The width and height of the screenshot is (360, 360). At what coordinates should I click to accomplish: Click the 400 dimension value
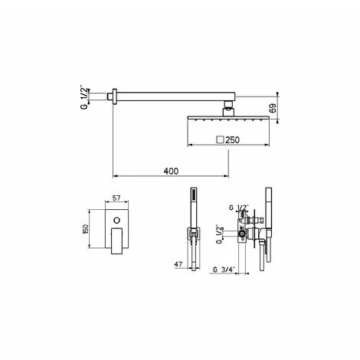[171, 171]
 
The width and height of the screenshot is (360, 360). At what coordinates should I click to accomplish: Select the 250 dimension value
[232, 140]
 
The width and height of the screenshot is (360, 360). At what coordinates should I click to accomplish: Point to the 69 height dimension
[273, 108]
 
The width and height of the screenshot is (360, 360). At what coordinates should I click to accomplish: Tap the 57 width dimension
[116, 198]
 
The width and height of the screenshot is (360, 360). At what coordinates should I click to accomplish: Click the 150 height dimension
[86, 229]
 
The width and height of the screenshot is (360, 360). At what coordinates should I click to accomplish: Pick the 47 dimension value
[178, 264]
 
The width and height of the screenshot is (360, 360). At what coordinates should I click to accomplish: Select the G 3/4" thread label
[224, 269]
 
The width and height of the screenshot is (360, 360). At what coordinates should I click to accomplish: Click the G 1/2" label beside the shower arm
[84, 97]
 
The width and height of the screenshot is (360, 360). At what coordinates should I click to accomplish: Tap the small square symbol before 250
[220, 140]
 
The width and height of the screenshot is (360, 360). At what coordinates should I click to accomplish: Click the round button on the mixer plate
[116, 220]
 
